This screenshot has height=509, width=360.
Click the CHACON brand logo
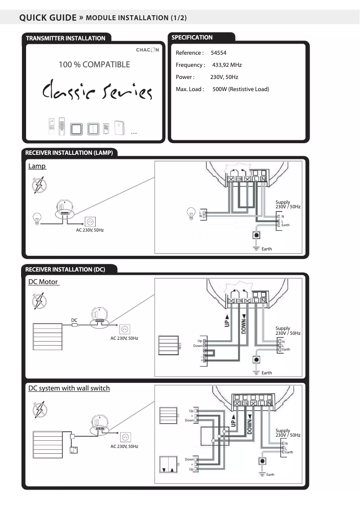[147, 50]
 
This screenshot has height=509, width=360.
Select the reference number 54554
[219, 53]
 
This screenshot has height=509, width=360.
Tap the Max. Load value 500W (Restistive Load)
[241, 89]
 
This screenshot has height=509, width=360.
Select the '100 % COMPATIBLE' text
[94, 65]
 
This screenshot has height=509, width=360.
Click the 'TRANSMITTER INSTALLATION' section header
[66, 39]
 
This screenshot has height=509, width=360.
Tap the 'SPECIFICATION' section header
[192, 38]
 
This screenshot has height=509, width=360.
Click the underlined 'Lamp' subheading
[37, 166]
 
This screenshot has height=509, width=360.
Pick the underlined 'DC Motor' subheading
[43, 282]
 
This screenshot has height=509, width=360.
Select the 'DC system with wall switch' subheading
[69, 388]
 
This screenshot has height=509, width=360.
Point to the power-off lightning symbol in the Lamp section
[39, 185]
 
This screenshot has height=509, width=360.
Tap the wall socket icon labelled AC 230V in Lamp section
[90, 222]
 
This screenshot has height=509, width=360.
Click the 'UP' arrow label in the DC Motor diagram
[227, 320]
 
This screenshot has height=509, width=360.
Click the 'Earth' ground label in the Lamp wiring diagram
[266, 249]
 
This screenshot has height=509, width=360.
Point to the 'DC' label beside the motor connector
[75, 320]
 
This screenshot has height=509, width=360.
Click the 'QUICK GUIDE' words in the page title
[48, 18]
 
